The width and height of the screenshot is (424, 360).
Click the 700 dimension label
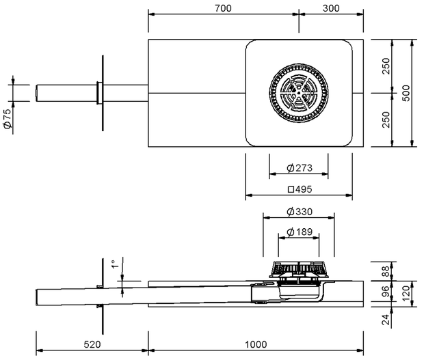point(223,8)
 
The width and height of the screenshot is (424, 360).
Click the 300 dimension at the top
point(331,8)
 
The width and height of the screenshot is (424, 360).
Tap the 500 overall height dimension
point(406,93)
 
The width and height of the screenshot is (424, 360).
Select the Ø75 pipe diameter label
point(8,118)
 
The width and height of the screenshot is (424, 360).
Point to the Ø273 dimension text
point(300,168)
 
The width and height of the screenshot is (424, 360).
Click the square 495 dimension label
point(300,189)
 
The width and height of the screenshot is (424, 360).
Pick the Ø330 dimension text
point(300,212)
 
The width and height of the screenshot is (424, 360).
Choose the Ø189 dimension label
point(300,232)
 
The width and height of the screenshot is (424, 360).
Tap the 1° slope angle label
point(115,264)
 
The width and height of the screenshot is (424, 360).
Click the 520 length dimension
point(92,344)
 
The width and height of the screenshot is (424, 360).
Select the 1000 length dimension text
point(256,344)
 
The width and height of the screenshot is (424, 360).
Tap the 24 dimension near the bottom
point(386,320)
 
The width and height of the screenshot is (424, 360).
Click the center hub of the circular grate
point(299,93)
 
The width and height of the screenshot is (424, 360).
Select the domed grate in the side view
point(299,269)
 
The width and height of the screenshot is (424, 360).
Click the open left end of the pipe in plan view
point(36,93)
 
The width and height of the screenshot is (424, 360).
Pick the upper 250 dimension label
point(386,66)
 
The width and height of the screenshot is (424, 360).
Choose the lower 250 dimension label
point(386,120)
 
